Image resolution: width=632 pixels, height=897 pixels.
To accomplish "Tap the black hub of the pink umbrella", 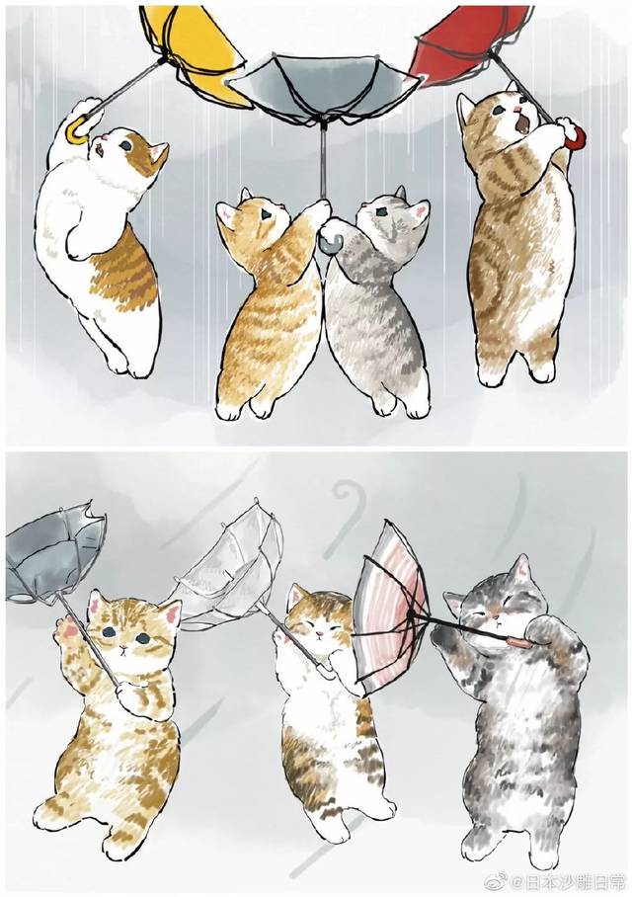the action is pos(410,613).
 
